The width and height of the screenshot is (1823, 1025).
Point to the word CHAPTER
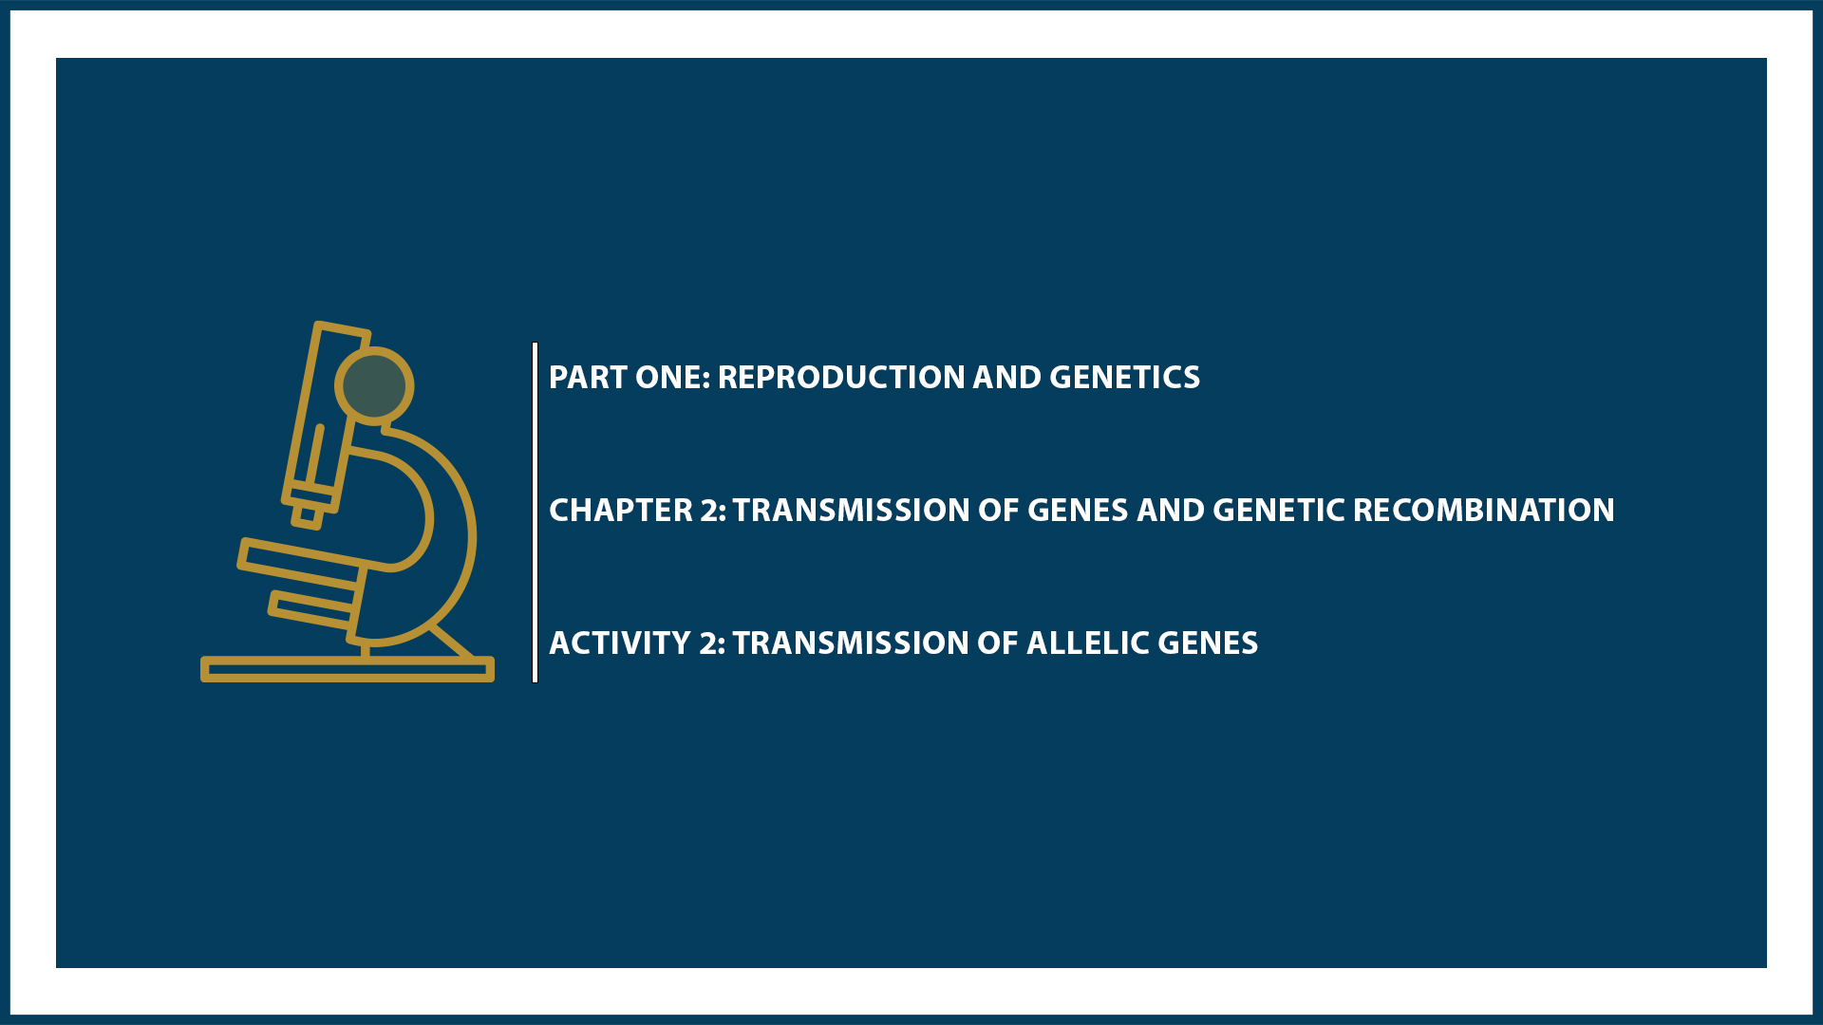[x=621, y=511]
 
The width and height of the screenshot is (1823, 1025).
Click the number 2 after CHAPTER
[x=711, y=511]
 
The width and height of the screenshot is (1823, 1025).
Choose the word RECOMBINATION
[x=1483, y=511]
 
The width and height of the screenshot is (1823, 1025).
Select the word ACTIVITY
[x=619, y=643]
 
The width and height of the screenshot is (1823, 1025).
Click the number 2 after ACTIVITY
[x=710, y=643]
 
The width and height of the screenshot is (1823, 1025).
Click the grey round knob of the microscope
[x=374, y=385]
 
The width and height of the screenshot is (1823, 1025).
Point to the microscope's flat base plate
[x=347, y=670]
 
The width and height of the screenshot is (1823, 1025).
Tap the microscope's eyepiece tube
[x=323, y=408]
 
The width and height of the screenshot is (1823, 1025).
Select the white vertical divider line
[x=536, y=512]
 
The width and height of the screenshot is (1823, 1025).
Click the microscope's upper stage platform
[x=299, y=560]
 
